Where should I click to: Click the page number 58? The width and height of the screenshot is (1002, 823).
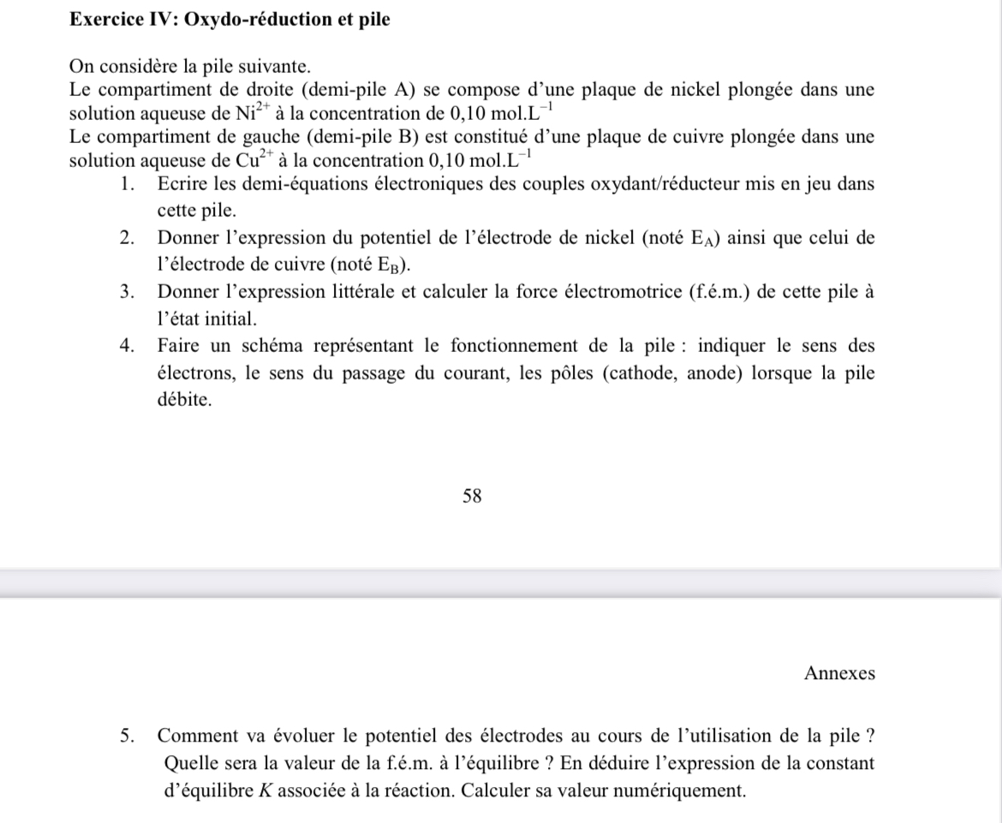coord(472,496)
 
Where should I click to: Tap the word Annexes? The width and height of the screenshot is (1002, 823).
coord(839,673)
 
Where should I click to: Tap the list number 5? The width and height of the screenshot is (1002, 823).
coord(128,736)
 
